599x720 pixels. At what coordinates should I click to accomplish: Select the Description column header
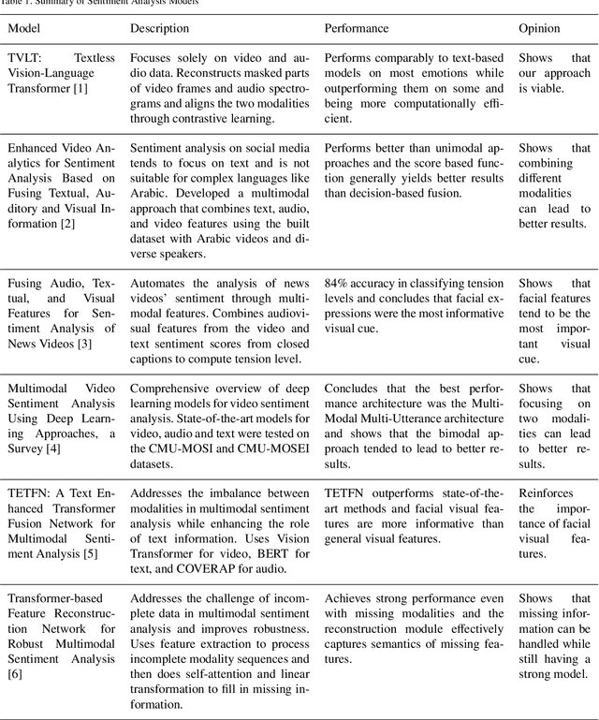(x=159, y=28)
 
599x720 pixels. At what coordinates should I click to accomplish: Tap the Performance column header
(x=357, y=28)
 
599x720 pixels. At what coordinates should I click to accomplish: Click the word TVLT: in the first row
(x=28, y=58)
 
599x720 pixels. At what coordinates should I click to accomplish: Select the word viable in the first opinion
(x=546, y=88)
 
